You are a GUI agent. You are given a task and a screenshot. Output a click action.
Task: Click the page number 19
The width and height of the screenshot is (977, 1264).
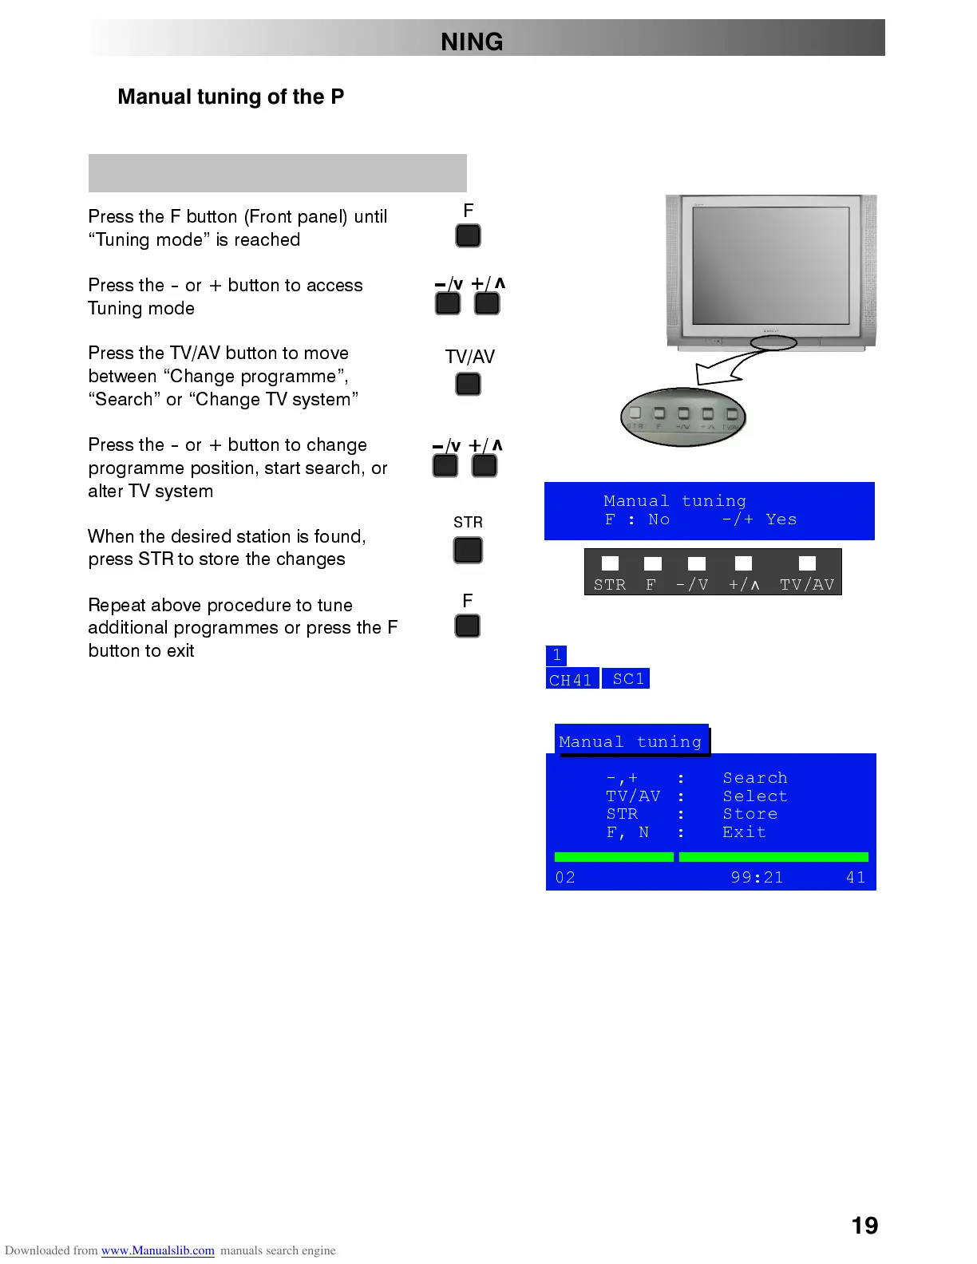(x=864, y=1225)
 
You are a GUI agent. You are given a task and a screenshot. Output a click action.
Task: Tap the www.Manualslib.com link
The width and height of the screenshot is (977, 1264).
(x=157, y=1250)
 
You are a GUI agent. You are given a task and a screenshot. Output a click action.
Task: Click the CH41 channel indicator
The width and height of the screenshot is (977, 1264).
(x=572, y=679)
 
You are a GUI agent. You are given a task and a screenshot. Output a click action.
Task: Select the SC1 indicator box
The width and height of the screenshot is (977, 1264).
(x=627, y=678)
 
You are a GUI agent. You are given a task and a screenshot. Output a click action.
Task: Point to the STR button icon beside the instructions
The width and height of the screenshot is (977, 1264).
(x=468, y=550)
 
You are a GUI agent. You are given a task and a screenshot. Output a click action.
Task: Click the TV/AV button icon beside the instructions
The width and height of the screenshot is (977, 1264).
(x=468, y=384)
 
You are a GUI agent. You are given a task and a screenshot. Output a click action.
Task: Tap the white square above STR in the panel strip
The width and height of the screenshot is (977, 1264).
(x=610, y=563)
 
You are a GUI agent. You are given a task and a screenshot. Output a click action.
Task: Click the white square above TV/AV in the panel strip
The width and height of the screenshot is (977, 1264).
(x=807, y=563)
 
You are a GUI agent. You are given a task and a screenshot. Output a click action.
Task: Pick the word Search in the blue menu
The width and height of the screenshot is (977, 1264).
(x=754, y=777)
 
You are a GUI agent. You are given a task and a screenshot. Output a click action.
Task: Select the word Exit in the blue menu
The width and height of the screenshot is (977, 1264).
(x=744, y=831)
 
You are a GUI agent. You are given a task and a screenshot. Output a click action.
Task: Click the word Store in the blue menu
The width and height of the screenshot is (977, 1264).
(x=750, y=813)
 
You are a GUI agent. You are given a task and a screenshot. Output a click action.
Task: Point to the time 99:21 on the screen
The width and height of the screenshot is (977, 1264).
(x=757, y=877)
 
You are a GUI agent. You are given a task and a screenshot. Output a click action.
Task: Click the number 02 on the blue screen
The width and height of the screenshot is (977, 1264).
(x=565, y=877)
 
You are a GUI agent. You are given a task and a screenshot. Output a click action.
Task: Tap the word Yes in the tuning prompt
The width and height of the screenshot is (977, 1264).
(x=781, y=519)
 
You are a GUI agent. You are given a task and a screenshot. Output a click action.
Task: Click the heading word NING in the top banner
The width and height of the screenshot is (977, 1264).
(x=472, y=41)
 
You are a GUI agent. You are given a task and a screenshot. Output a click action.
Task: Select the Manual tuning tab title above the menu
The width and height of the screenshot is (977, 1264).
(x=631, y=741)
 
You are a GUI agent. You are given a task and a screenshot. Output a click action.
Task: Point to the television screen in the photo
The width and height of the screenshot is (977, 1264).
(x=770, y=265)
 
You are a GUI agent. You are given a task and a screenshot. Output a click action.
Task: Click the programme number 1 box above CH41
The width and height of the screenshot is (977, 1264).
(x=556, y=655)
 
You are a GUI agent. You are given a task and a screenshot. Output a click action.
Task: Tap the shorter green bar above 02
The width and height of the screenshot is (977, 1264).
(x=614, y=857)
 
